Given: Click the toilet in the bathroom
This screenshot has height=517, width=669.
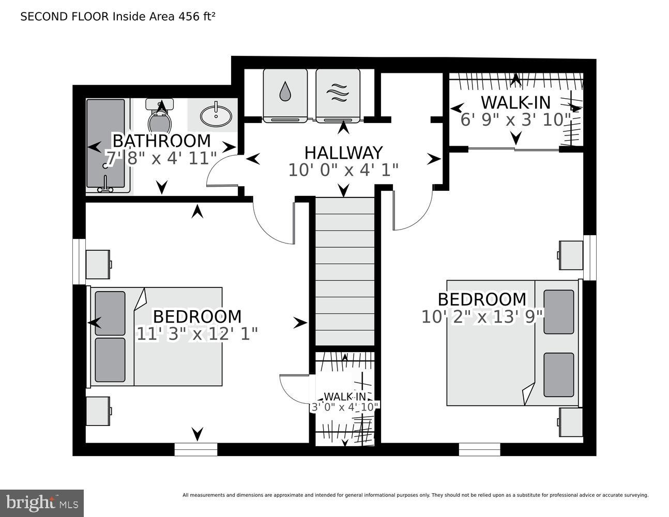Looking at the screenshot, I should pyautogui.click(x=159, y=118).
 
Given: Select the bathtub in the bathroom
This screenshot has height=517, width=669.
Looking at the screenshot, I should pyautogui.click(x=105, y=145).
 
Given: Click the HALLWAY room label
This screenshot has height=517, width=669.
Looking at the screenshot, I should pyautogui.click(x=343, y=153).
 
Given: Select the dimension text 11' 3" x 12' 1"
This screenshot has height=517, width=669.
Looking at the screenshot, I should pyautogui.click(x=196, y=334).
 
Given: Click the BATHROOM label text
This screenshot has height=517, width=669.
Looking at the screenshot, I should pyautogui.click(x=161, y=141).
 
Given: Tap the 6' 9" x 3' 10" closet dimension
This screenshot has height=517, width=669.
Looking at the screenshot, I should pyautogui.click(x=515, y=120).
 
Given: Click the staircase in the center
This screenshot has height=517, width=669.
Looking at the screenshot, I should pyautogui.click(x=344, y=271).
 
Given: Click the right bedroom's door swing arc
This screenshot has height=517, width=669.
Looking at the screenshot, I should pyautogui.click(x=414, y=212).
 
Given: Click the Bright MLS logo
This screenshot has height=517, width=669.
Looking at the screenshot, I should pyautogui.click(x=42, y=503).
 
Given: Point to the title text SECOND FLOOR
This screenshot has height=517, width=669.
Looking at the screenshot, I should pyautogui.click(x=65, y=17).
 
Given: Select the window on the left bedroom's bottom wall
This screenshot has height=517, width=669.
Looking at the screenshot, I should pyautogui.click(x=195, y=450).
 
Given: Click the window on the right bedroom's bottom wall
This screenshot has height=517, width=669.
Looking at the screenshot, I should pyautogui.click(x=479, y=450).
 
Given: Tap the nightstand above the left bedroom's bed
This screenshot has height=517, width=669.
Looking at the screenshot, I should pyautogui.click(x=97, y=264).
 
